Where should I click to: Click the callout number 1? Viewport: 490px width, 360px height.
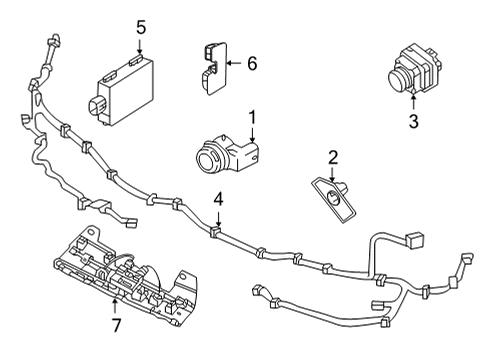[x=253, y=116]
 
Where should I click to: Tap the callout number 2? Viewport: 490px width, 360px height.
[x=333, y=157]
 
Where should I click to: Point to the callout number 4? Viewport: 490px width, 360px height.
[x=218, y=200]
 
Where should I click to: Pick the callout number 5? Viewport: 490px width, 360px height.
[x=141, y=26]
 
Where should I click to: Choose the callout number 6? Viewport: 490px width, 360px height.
[x=252, y=63]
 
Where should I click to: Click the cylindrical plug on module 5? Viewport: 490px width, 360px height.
[x=97, y=105]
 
